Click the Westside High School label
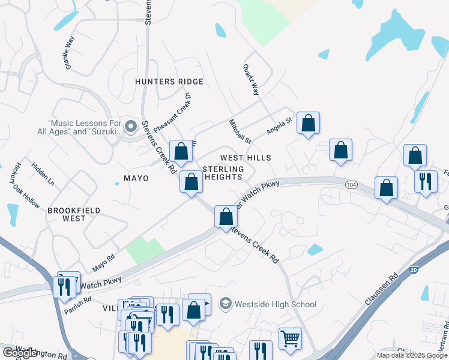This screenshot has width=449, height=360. coord(276,304)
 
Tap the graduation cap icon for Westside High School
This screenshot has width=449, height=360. coord(225,304)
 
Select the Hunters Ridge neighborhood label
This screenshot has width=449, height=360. coord(169,82)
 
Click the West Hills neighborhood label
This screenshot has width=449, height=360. coord(246,158)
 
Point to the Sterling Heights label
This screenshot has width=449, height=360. coord(223,173)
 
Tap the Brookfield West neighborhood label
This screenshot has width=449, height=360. coord(74,215)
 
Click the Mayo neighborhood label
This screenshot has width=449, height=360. coord(136,178)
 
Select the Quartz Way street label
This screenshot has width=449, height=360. coord(251,80)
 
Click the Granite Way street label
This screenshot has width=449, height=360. coord(69,52)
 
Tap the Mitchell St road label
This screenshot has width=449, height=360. coord(239,131)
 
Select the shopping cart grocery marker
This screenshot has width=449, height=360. coord(290,338)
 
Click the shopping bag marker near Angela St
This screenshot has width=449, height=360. coord(308,124)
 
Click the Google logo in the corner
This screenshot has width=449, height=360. coord(20,353)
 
